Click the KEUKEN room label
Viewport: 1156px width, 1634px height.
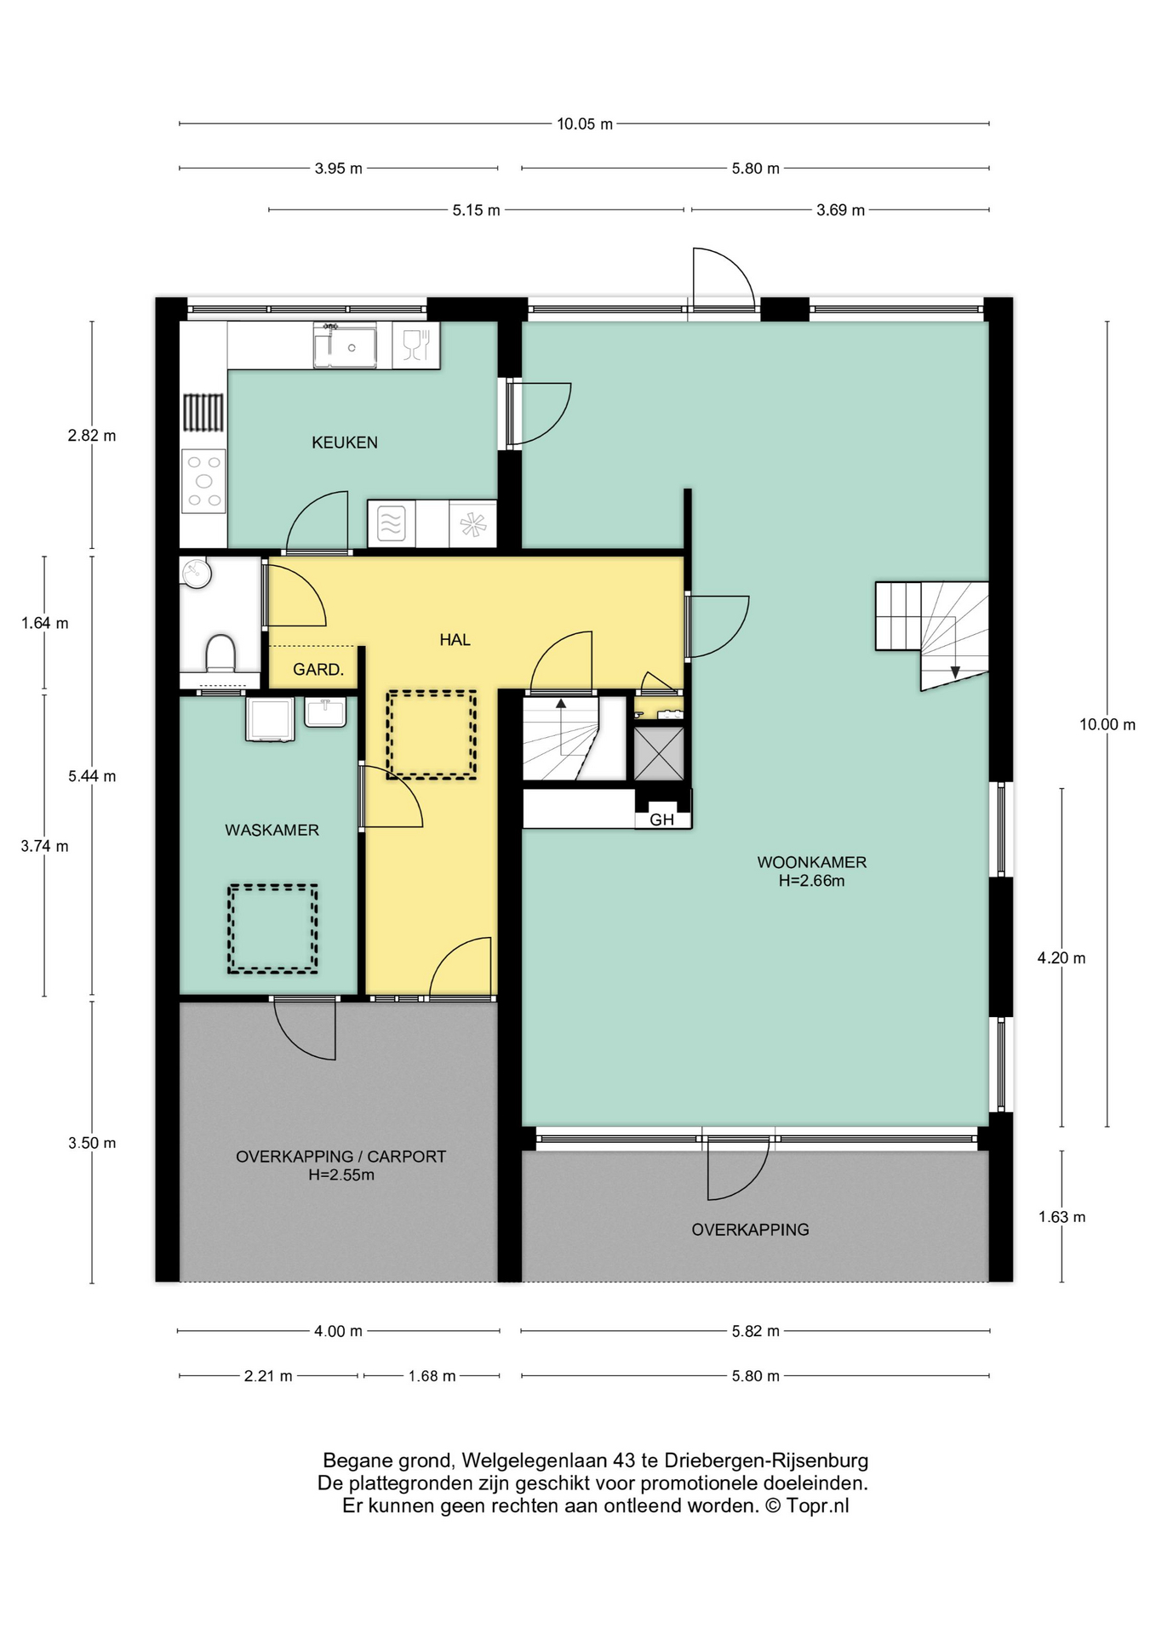point(344,443)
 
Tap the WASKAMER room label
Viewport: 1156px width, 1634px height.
point(272,830)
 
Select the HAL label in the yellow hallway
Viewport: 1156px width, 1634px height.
point(455,639)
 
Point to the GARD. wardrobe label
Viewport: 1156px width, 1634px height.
point(318,670)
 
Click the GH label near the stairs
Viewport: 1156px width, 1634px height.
point(661,820)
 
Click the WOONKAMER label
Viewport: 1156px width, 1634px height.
point(811,862)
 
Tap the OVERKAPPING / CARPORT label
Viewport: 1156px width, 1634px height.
point(341,1157)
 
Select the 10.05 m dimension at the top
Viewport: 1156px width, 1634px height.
point(585,124)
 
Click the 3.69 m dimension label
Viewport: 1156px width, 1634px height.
point(840,210)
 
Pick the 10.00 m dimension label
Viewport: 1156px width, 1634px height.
point(1107,725)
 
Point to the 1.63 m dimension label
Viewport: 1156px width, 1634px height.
point(1062,1217)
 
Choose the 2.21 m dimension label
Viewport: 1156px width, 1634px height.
point(268,1376)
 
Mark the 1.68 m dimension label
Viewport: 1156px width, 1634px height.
point(432,1376)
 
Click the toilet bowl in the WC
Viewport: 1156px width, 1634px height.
point(220,654)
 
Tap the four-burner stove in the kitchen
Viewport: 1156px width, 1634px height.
point(203,481)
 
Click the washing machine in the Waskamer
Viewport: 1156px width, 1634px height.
point(270,719)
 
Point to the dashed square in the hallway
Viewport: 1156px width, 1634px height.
point(431,734)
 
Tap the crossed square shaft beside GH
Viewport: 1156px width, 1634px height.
point(659,752)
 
